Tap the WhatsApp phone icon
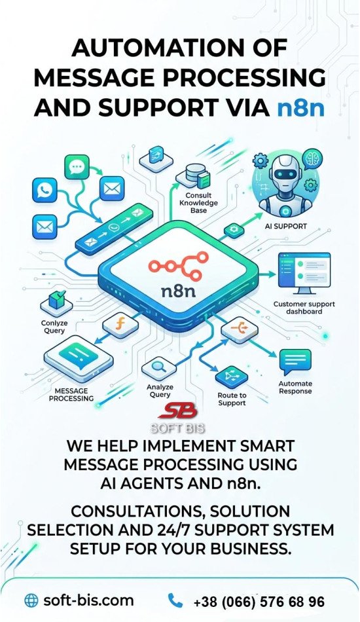pyautogui.click(x=45, y=190)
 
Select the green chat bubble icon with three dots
pyautogui.click(x=77, y=167)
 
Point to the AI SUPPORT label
pyautogui.click(x=285, y=226)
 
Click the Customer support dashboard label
pyautogui.click(x=304, y=308)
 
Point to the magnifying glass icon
pyautogui.click(x=159, y=365)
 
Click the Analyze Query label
pyautogui.click(x=160, y=391)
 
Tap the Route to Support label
pyautogui.click(x=232, y=399)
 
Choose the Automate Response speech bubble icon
pyautogui.click(x=295, y=362)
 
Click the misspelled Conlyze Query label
pyautogui.click(x=54, y=327)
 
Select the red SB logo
pyautogui.click(x=177, y=411)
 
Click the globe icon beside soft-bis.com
pyautogui.click(x=31, y=600)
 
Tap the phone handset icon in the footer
pyautogui.click(x=175, y=600)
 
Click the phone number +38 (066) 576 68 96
pyautogui.click(x=259, y=602)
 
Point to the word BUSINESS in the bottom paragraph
pyautogui.click(x=249, y=549)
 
